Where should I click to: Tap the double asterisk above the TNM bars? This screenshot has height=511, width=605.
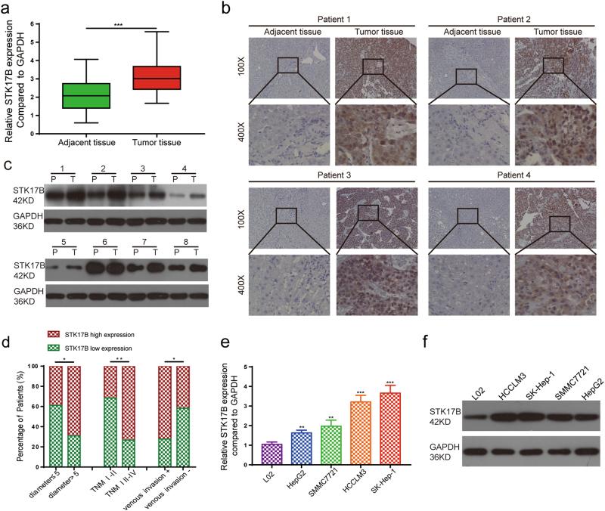(119, 361)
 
